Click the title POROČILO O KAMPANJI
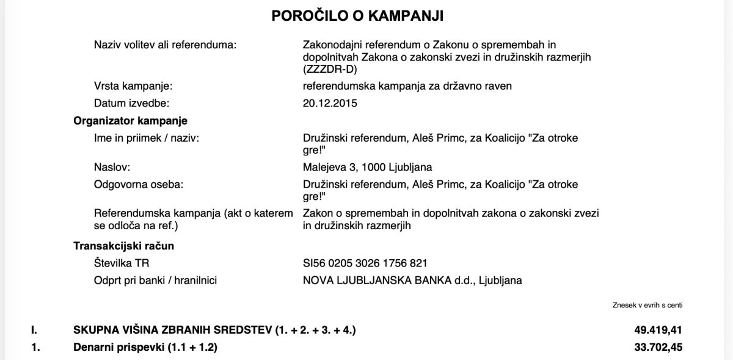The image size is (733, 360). pos(366,16)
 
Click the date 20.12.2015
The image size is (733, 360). pos(330,103)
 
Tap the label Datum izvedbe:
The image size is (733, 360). pos(131,103)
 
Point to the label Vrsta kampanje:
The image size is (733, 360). pos(133,86)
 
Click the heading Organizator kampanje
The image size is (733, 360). pos(130,121)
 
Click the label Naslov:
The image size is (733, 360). pos(112,167)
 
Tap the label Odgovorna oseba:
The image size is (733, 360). pos(138,185)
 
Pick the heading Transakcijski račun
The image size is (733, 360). pos(124,246)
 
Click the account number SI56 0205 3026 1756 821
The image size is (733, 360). pos(365,263)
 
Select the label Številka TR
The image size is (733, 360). pos(122,263)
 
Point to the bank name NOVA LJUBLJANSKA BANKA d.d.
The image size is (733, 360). pos(388,281)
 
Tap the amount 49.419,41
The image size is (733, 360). pos(658,331)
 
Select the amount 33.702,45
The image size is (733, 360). pos(658,348)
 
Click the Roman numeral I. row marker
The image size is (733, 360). pos(34,331)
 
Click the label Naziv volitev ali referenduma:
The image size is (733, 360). pos(165,45)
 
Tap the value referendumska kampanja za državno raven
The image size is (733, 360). pos(407,86)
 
